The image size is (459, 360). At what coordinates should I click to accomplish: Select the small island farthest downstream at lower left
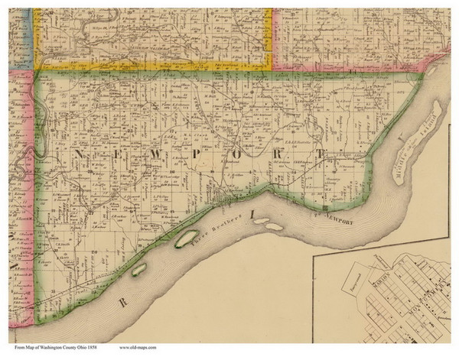point(139,269)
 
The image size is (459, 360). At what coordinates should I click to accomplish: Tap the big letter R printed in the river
point(122,303)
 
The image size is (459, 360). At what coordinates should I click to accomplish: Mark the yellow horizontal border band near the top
point(153,66)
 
